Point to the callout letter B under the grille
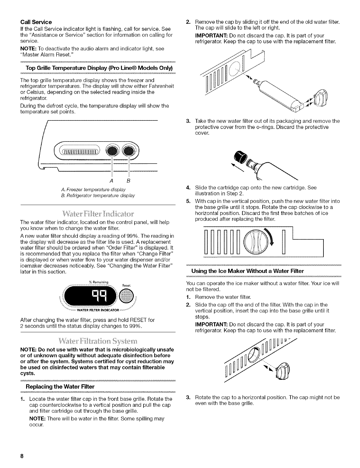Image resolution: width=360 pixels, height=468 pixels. (129, 180)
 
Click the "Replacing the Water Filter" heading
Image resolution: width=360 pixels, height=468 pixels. (60, 387)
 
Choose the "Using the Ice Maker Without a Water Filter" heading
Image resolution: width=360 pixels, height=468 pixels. (247, 271)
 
